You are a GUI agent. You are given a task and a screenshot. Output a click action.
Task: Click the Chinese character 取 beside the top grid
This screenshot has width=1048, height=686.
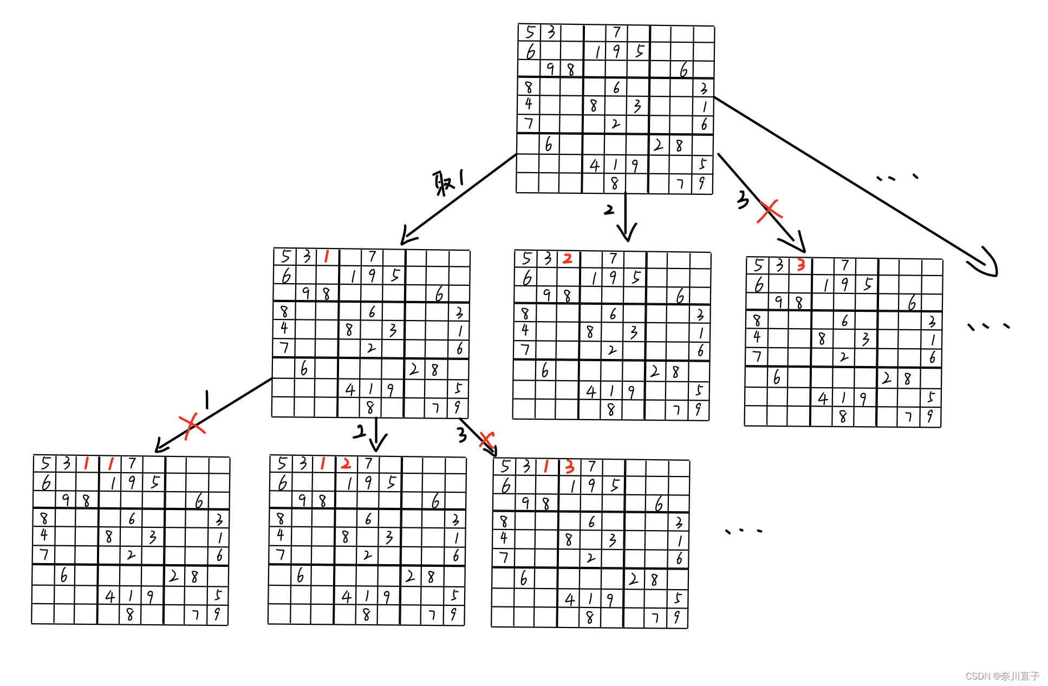[x=444, y=184]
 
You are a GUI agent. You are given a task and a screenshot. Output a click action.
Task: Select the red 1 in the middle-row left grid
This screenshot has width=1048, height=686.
[x=326, y=256]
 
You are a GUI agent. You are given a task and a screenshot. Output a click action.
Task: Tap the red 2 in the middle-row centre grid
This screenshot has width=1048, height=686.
[x=567, y=259]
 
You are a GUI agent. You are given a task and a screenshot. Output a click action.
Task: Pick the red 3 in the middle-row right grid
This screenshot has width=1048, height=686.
[x=800, y=265]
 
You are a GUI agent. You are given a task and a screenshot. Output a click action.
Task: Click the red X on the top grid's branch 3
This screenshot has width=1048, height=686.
[x=769, y=211]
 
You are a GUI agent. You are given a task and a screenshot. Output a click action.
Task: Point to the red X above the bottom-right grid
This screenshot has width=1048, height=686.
[x=487, y=440]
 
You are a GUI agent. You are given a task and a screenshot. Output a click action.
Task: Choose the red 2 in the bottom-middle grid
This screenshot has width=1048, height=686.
[x=346, y=463]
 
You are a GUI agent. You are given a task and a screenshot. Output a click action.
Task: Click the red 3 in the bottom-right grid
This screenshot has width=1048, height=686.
[x=569, y=467]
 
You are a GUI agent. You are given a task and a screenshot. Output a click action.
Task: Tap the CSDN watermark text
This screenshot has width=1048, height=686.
[x=1002, y=676]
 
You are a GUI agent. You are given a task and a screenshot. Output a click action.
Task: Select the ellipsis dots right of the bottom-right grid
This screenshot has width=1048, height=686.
[x=743, y=531]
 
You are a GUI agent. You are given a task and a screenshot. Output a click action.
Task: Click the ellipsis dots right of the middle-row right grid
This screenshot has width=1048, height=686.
[x=988, y=326]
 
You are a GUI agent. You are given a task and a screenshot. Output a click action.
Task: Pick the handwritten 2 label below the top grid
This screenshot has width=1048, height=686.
[x=609, y=210]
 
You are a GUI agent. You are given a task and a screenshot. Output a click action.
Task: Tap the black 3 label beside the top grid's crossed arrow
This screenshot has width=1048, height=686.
[x=743, y=200]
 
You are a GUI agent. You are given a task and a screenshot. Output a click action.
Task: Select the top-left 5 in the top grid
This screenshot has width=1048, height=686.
[x=530, y=32]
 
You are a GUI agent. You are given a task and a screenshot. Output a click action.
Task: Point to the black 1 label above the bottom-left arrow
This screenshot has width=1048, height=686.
[x=207, y=400]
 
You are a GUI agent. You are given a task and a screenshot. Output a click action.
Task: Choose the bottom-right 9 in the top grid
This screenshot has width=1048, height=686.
[x=702, y=184]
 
